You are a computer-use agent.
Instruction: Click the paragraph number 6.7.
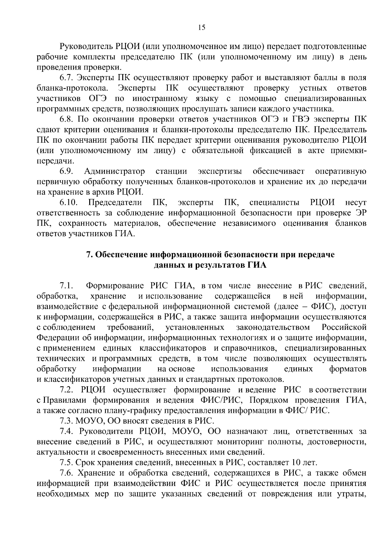point(66,78)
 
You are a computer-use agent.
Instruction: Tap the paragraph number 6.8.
point(66,120)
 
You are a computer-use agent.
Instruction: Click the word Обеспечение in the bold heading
point(121,255)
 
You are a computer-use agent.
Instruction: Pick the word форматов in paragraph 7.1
point(348,369)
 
